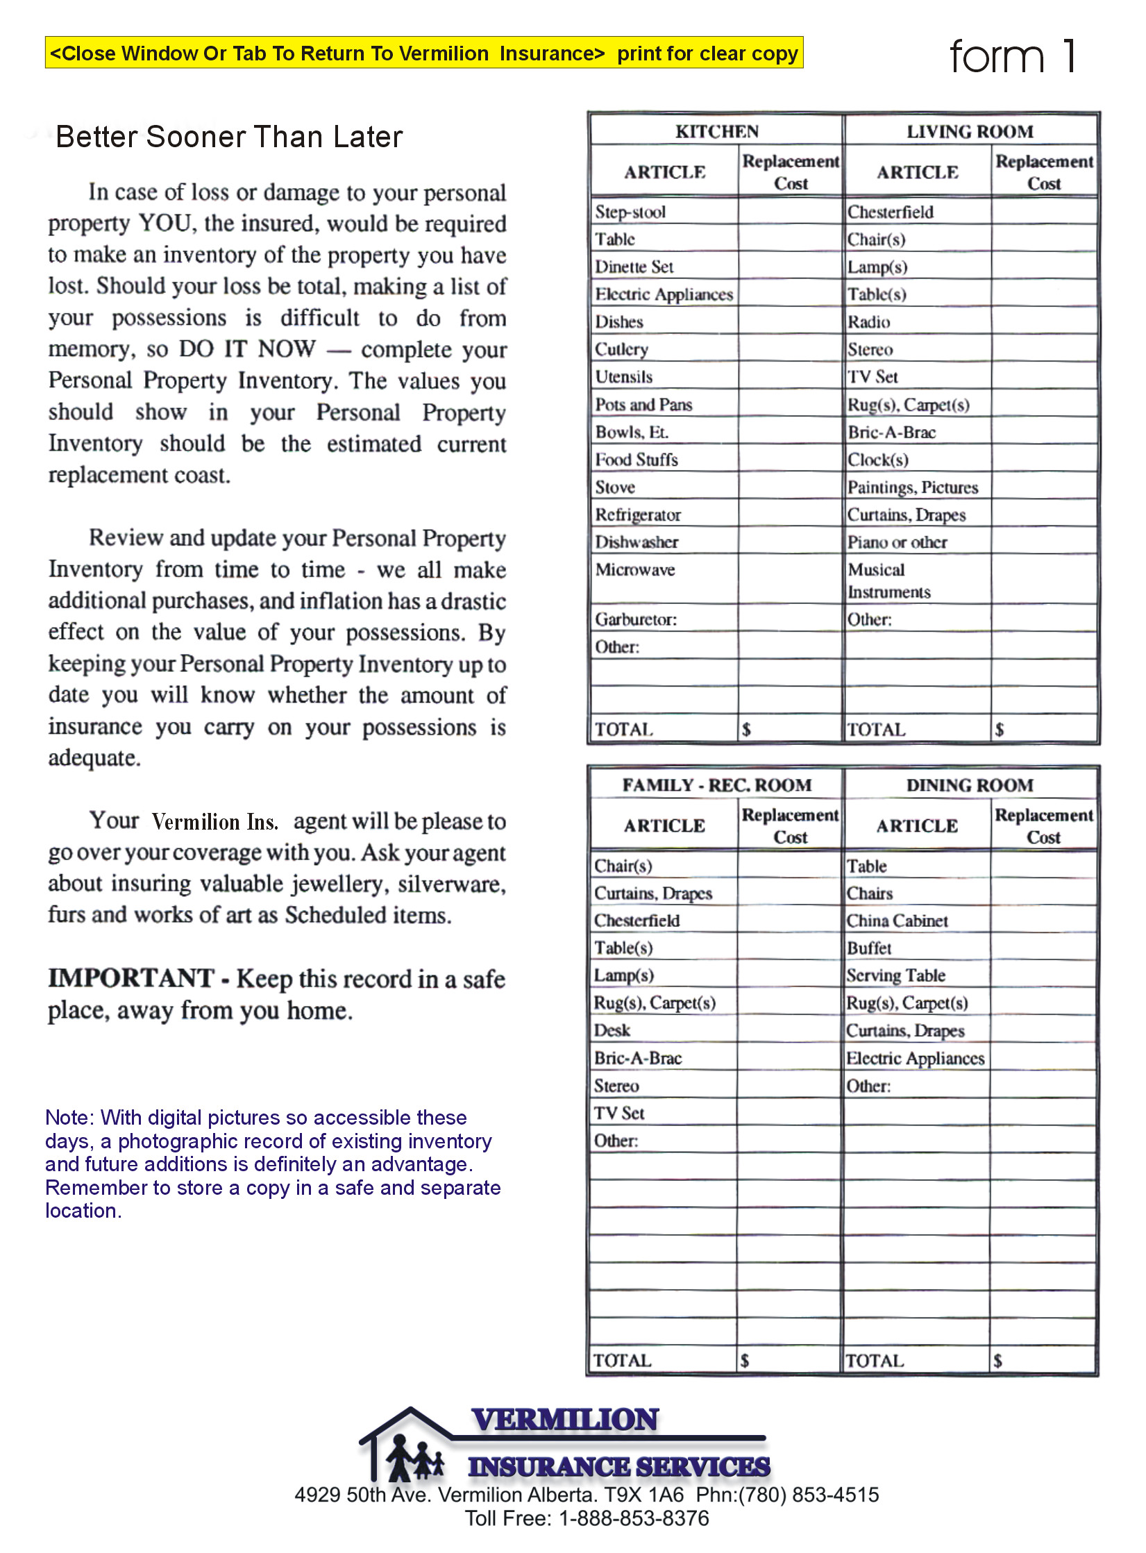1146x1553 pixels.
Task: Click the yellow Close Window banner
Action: tap(424, 53)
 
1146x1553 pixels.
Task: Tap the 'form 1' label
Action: tap(1013, 56)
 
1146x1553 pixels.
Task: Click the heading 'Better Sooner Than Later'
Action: tap(229, 137)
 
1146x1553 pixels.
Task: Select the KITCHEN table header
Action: tap(717, 131)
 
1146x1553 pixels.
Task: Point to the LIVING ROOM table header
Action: tap(970, 131)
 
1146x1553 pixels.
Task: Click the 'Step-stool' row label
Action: tap(630, 212)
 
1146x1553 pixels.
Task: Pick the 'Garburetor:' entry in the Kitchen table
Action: tap(635, 619)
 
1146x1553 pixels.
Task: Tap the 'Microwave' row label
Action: tap(635, 569)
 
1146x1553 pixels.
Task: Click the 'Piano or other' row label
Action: tap(897, 542)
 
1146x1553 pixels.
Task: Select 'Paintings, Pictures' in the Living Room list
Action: tap(912, 487)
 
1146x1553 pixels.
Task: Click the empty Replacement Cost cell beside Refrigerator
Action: tap(790, 514)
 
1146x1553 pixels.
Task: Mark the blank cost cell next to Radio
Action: tap(1043, 321)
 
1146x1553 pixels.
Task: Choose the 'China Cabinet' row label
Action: tap(897, 921)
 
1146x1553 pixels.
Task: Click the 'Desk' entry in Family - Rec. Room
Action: tap(612, 1030)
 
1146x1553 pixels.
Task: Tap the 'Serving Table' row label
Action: tap(895, 975)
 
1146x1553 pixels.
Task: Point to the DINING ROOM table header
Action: tap(970, 785)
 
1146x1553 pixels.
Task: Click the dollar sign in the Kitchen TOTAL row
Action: tap(746, 729)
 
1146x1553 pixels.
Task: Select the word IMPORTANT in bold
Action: tap(130, 978)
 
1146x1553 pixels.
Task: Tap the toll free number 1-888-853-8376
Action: tap(634, 1518)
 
